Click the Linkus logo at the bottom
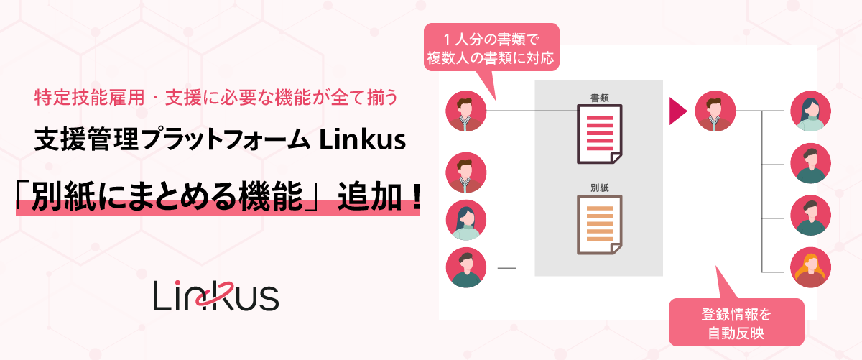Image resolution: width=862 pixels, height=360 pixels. pos(216,295)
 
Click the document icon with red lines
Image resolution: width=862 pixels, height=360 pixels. pos(599,134)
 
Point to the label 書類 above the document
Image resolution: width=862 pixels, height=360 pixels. pos(599,97)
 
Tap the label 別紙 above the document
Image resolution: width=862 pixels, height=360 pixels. pos(599,187)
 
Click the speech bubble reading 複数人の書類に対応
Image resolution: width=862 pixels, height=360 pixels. pos(491,47)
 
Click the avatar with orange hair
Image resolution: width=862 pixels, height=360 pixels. pos(810,267)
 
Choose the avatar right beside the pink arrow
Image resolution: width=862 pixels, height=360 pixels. pos(715,111)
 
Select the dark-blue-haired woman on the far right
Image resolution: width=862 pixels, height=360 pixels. pos(810,111)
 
